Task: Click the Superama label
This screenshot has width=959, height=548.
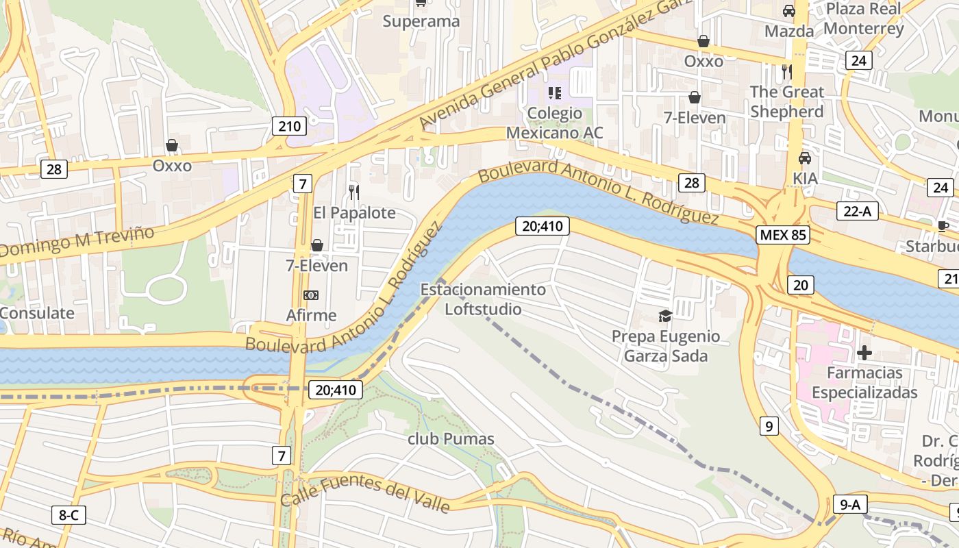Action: [x=421, y=21]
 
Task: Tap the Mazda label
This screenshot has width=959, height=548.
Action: [x=789, y=32]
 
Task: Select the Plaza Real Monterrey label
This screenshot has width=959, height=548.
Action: [x=863, y=19]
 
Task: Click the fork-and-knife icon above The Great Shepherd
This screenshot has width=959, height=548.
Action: [x=786, y=71]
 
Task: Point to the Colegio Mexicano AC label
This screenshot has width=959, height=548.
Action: [x=555, y=123]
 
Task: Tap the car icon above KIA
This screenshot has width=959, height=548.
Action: [x=805, y=158]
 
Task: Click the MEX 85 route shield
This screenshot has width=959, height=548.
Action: [x=783, y=235]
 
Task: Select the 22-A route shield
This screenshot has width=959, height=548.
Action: [x=857, y=211]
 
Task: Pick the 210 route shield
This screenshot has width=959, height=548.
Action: [x=289, y=126]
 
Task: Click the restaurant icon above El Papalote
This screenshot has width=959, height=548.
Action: [x=354, y=192]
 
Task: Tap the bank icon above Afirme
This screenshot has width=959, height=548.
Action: [x=311, y=295]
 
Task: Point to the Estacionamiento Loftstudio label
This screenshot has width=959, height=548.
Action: [x=483, y=299]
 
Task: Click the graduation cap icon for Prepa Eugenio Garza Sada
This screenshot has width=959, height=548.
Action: [x=664, y=316]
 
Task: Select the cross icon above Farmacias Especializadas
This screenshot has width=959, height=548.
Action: [x=864, y=353]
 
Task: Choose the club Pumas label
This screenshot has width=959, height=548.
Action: [x=451, y=439]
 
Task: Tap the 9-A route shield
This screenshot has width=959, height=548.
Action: [x=850, y=505]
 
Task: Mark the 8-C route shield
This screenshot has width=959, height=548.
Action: [x=68, y=515]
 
